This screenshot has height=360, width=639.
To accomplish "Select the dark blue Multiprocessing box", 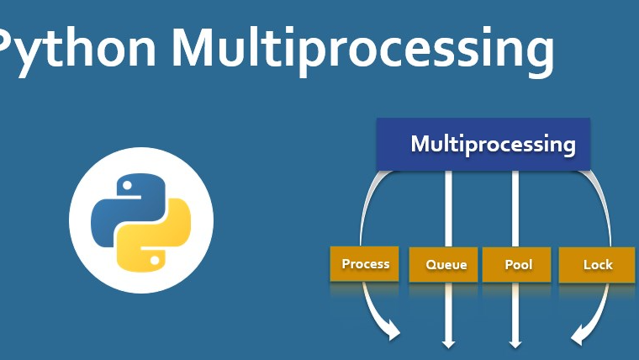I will coord(483,144).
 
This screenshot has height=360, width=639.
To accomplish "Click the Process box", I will coord(366,264).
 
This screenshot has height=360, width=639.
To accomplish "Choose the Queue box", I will coord(445,265).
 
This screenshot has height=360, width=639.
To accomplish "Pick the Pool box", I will coord(518,265).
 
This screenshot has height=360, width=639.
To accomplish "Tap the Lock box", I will coord(597,265).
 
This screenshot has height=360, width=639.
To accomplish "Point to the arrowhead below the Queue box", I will coord(448,342).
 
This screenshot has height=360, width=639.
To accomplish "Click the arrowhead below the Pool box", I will coord(515,342).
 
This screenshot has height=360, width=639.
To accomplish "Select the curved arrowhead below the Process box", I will coord(393,334).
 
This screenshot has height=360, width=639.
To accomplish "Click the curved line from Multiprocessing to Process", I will coord(366,206).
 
